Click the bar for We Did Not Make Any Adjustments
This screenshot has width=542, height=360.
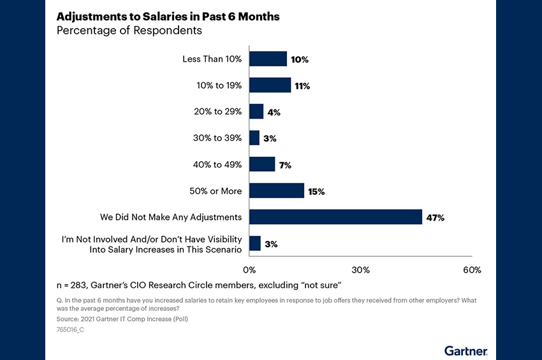[x=335, y=217]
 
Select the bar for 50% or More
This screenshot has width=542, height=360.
[x=276, y=191]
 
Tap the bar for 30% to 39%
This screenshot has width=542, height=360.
[x=254, y=138]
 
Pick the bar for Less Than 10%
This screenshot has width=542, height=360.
[x=268, y=59]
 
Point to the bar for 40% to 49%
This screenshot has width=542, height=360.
[x=262, y=164]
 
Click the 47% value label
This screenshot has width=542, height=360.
[x=436, y=217]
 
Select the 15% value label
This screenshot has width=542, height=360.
[x=317, y=191]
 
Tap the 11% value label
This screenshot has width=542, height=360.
[x=302, y=86]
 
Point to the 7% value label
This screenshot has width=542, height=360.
[x=284, y=165]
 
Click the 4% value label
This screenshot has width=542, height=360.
[x=274, y=112]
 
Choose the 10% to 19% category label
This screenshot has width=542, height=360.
[x=219, y=85]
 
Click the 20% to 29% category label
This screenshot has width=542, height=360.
[x=218, y=112]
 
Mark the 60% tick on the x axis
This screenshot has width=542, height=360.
[x=472, y=270]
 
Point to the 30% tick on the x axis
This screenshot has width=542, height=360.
[x=361, y=270]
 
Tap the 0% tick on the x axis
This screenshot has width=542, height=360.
[x=249, y=270]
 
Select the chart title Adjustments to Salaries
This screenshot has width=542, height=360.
[x=168, y=16]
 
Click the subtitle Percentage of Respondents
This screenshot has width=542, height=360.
[x=129, y=30]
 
